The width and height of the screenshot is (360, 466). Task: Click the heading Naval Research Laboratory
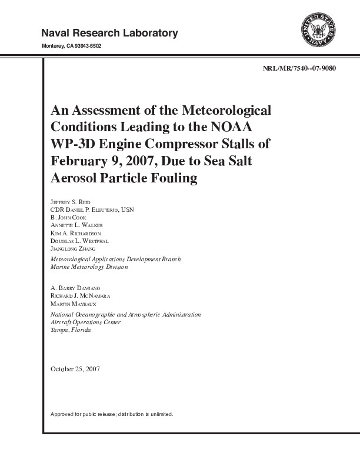pos(109,33)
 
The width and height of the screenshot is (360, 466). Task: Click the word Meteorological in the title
pos(227,110)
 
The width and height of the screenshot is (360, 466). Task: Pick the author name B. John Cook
pos(69,218)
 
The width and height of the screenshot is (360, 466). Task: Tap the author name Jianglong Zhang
pos(74,249)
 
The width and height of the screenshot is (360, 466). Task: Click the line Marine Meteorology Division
pos(89,267)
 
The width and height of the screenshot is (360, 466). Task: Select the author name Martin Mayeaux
pos(71,303)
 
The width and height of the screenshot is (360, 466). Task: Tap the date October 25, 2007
pos(76,369)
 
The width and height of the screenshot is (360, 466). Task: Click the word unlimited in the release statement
pos(158,414)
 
